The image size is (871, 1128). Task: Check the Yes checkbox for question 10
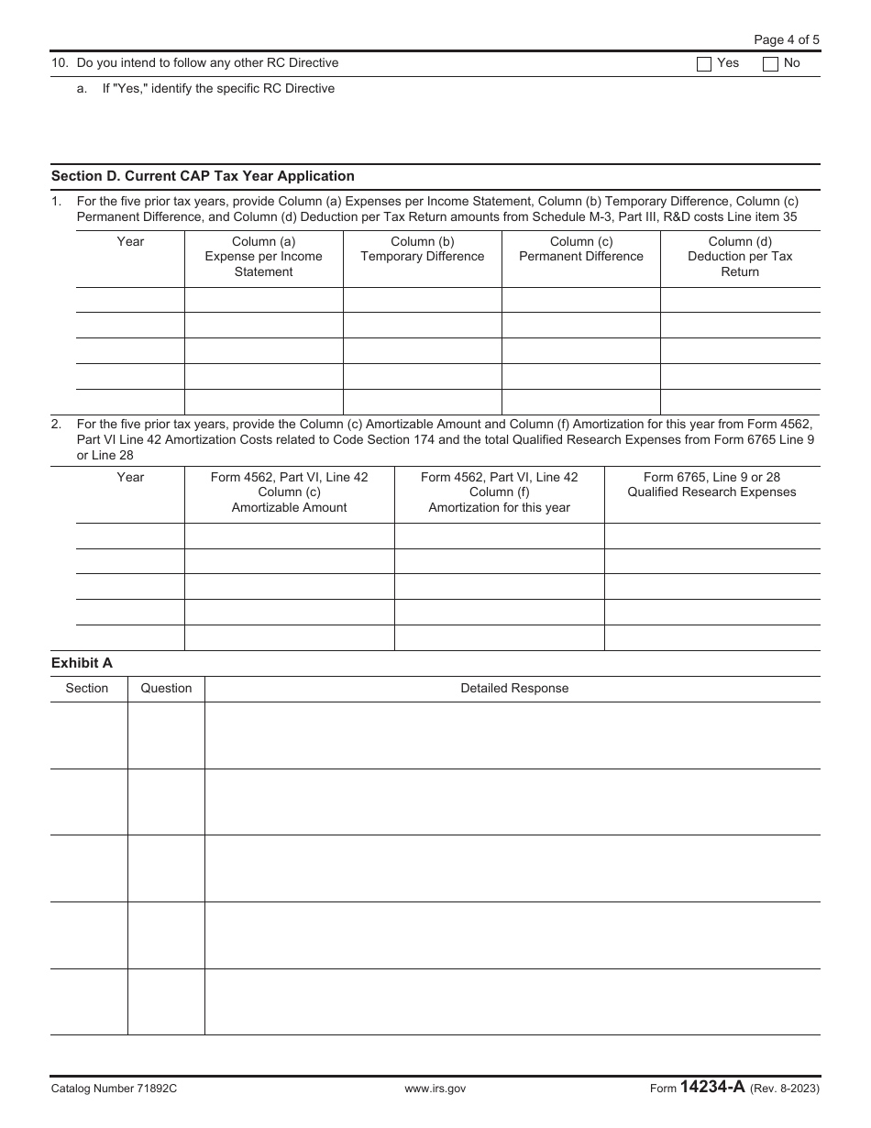704,64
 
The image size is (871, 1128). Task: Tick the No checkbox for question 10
771,64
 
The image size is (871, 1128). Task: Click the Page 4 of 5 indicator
786,39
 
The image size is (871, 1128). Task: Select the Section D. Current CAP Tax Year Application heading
203,176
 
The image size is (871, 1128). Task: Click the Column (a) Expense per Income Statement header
263,257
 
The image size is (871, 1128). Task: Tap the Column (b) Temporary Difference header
422,249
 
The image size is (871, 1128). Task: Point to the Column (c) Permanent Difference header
581,249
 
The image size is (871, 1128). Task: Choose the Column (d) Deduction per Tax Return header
740,257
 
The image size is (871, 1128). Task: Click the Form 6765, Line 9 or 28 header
711,484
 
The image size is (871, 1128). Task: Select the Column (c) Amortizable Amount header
289,492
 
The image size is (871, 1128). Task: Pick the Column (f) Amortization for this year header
499,492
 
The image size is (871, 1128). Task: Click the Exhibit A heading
82,663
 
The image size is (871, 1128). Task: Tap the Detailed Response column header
513,689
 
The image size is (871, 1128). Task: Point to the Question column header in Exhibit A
166,689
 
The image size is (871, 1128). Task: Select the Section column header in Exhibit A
87,689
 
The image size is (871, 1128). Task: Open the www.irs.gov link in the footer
435,1089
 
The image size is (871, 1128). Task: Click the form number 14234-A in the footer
712,1088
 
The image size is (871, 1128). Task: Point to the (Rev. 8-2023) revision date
785,1089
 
